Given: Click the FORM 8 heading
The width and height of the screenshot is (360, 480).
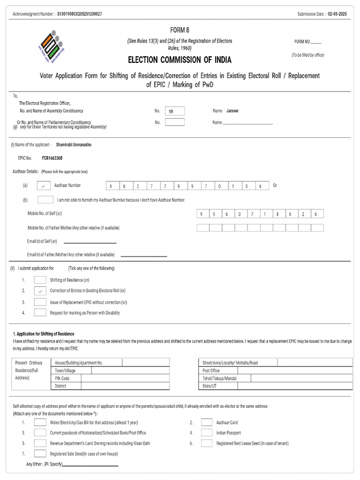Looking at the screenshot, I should pyautogui.click(x=180, y=30).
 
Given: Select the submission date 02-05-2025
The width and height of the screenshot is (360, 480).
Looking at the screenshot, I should pyautogui.click(x=337, y=14).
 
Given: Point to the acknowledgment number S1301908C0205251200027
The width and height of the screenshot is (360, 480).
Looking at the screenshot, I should pyautogui.click(x=79, y=14).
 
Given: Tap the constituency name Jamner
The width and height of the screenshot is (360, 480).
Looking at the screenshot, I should pyautogui.click(x=232, y=111).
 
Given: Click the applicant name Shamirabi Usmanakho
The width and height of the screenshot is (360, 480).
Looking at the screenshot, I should pyautogui.click(x=74, y=145).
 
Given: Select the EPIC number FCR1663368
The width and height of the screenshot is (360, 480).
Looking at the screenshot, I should pyautogui.click(x=52, y=158).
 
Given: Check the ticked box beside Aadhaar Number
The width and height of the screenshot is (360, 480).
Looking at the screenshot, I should pyautogui.click(x=43, y=186).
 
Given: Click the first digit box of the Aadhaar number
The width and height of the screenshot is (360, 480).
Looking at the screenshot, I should pyautogui.click(x=111, y=186).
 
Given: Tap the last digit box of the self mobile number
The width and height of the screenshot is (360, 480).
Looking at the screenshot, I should pyautogui.click(x=316, y=214).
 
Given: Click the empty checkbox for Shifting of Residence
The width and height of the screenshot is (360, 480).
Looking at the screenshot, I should pyautogui.click(x=40, y=280).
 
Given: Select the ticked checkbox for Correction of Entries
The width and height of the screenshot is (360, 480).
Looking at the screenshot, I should pyautogui.click(x=40, y=291).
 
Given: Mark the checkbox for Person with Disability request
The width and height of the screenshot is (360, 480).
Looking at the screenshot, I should pyautogui.click(x=40, y=313).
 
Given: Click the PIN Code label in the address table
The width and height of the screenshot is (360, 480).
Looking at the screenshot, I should pyautogui.click(x=62, y=378).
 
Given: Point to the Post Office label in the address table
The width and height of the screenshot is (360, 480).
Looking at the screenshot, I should pyautogui.click(x=211, y=371).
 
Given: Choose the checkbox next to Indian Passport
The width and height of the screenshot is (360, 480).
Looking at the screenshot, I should pyautogui.click(x=207, y=433).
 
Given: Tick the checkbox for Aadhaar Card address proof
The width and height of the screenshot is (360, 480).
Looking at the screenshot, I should pyautogui.click(x=207, y=422).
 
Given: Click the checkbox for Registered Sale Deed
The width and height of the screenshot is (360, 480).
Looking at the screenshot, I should pyautogui.click(x=40, y=454).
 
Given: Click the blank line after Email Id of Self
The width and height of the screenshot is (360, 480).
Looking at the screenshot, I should pyautogui.click(x=90, y=242).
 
